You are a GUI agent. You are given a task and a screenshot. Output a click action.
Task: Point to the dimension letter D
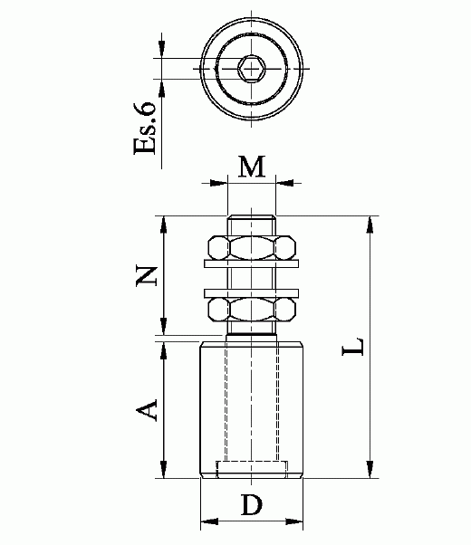[x=252, y=505]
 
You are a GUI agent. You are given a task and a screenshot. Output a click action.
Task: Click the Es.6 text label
[x=148, y=128]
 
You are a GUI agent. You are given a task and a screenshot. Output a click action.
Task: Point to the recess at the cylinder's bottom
[x=252, y=468]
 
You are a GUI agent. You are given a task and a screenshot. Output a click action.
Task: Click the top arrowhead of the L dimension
[x=369, y=223]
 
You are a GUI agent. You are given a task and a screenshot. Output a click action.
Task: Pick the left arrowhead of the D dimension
[x=206, y=521]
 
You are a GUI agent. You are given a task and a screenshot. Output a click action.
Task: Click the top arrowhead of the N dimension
[x=163, y=223]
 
